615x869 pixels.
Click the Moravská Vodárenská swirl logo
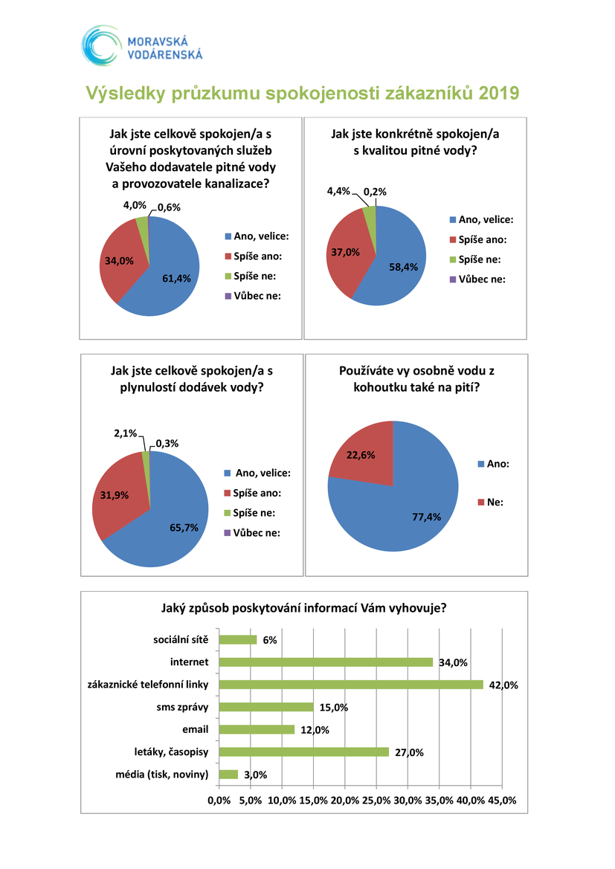coord(100,45)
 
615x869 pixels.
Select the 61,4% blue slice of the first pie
coord(169,277)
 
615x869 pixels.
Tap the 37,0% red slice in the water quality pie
coord(343,252)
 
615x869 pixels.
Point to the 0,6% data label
coord(169,207)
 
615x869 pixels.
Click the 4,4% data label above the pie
coord(338,191)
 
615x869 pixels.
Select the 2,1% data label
coord(126,433)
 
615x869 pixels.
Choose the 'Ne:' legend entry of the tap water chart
coord(491,502)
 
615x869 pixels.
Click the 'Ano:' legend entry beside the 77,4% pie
coord(494,464)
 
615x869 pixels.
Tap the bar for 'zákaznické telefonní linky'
coord(351,685)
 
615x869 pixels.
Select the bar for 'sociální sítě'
coord(238,639)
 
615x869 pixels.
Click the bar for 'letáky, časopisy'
coord(304,752)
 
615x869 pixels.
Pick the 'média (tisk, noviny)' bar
coord(228,775)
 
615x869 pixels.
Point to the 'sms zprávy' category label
coord(182,707)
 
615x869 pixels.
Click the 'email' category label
coord(195,729)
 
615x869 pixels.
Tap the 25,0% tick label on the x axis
coord(376,801)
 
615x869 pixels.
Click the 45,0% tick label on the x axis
coord(502,801)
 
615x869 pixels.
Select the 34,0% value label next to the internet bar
coord(453,662)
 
